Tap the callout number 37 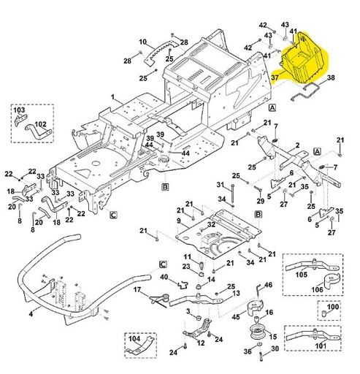click(x=275, y=75)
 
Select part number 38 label click(x=331, y=78)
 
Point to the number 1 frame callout click(x=113, y=96)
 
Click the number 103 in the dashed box click(x=19, y=110)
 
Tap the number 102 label click(x=41, y=124)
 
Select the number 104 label click(x=133, y=339)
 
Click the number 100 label click(x=333, y=308)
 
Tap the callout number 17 click(x=136, y=290)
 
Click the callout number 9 click(x=178, y=221)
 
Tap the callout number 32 click(x=210, y=224)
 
